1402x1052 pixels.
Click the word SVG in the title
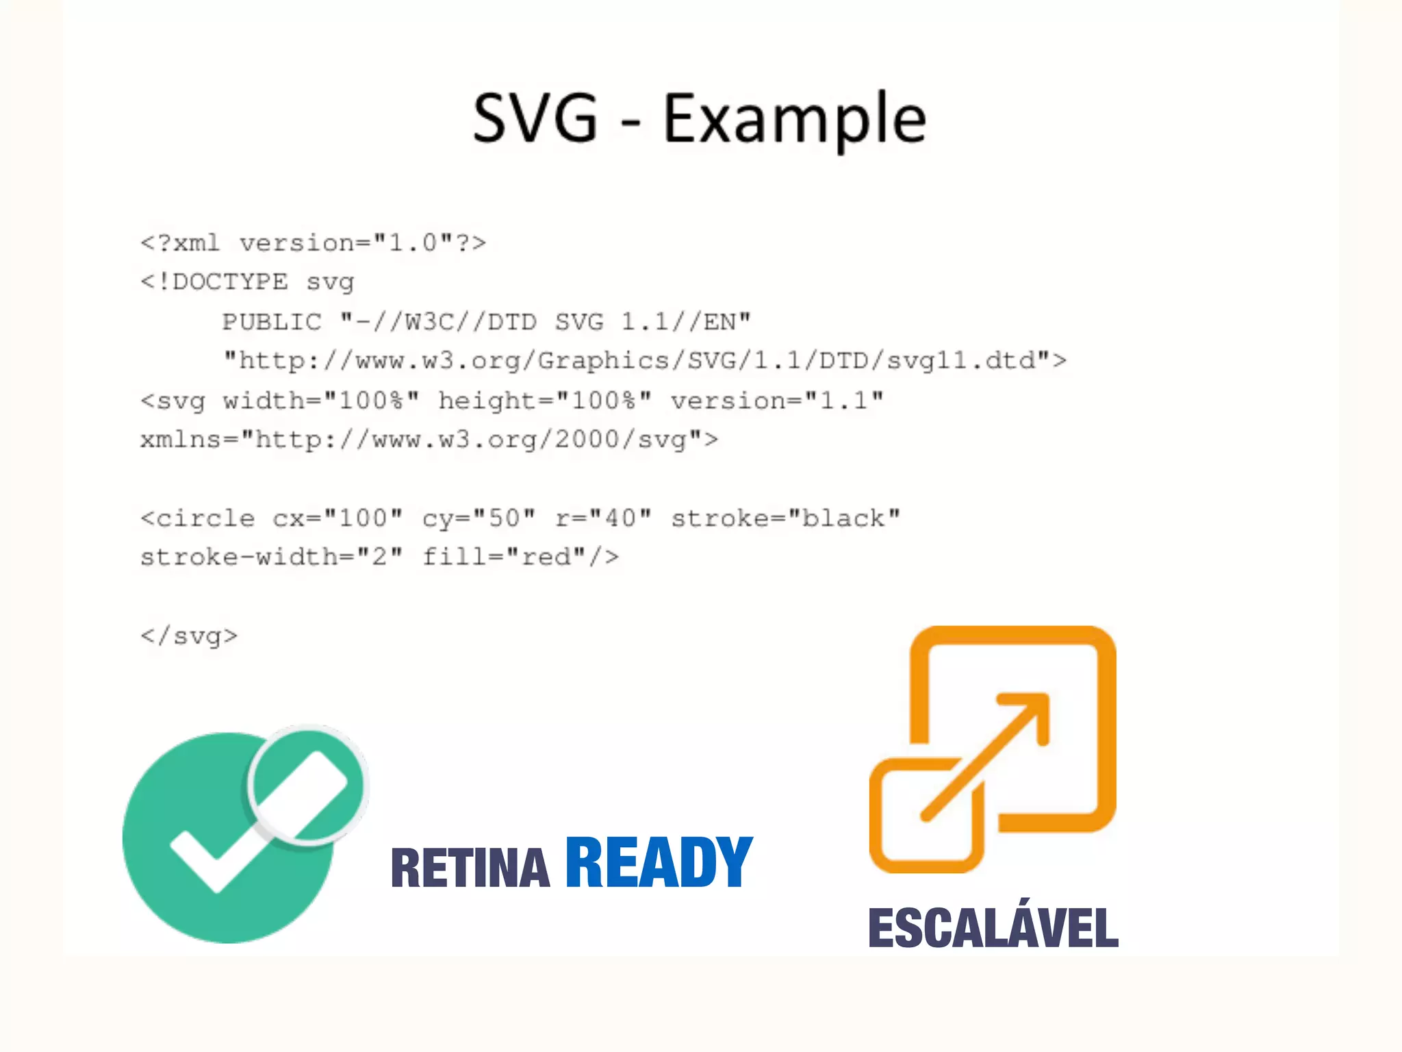535,118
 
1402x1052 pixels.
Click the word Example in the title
795,120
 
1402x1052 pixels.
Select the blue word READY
659,862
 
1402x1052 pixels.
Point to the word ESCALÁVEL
993,928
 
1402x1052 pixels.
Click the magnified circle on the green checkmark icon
307,785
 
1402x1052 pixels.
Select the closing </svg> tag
189,636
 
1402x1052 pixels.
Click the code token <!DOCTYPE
214,282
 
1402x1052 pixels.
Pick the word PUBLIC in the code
272,322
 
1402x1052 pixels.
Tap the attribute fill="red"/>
520,557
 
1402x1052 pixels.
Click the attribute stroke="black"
785,518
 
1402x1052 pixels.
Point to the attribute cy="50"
479,518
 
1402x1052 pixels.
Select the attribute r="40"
603,518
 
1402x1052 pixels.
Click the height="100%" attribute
545,401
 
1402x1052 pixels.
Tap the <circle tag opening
197,518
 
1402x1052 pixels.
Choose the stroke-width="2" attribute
272,557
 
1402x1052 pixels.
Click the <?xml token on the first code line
180,243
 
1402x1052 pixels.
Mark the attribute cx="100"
337,518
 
